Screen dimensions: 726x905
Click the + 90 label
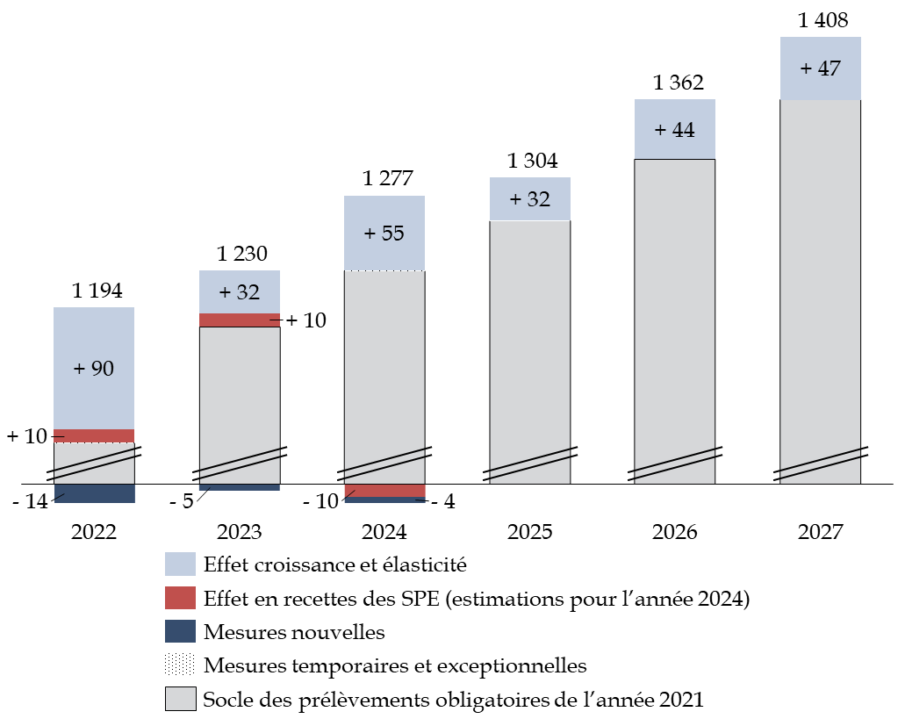point(93,369)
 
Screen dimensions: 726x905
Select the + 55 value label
point(384,234)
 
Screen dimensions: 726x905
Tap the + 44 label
point(674,130)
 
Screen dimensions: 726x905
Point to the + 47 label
point(820,68)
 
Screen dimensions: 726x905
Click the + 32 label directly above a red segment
point(239,292)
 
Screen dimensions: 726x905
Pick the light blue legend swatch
point(180,564)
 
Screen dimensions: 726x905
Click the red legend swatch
point(180,598)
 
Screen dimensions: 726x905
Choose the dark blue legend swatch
point(180,631)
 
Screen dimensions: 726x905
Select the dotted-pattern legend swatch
point(180,665)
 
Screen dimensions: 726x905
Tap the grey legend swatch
point(180,699)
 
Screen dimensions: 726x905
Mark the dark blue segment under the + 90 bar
point(95,493)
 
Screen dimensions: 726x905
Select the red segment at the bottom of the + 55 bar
point(384,490)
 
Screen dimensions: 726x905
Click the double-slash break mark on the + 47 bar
point(820,465)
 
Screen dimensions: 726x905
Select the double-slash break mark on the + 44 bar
point(674,465)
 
